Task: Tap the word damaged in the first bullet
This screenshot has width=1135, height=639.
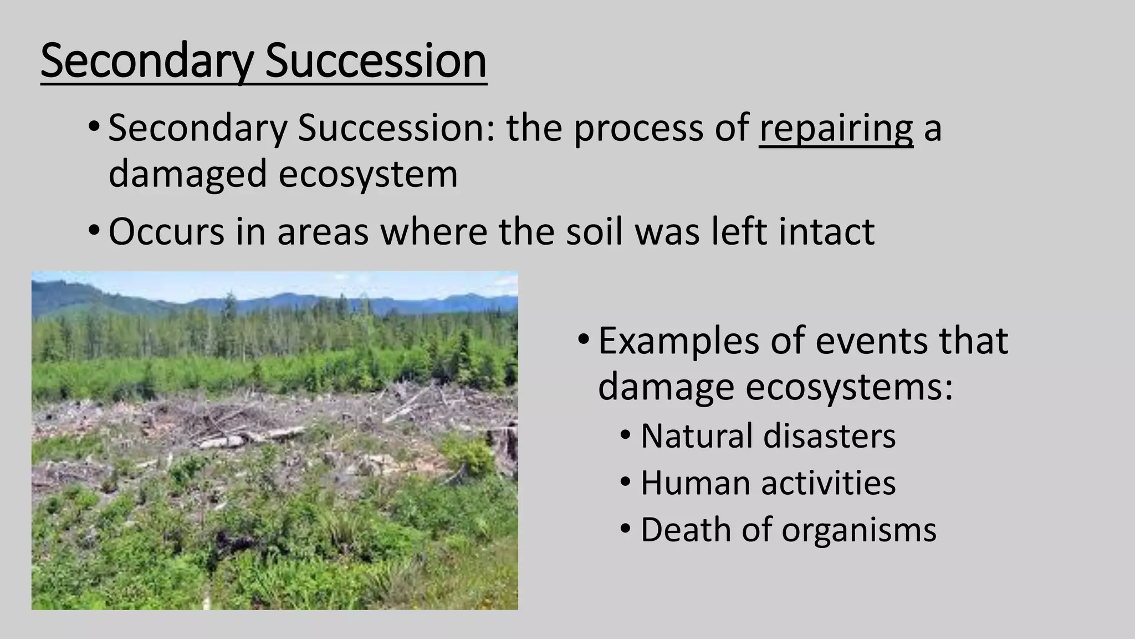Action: pos(187,174)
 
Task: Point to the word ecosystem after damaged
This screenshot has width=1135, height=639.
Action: pos(368,174)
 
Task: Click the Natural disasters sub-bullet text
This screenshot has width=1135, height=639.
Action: pos(768,436)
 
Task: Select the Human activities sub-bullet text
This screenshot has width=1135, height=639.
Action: pos(768,483)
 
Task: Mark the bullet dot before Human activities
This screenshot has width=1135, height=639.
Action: pos(626,482)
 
